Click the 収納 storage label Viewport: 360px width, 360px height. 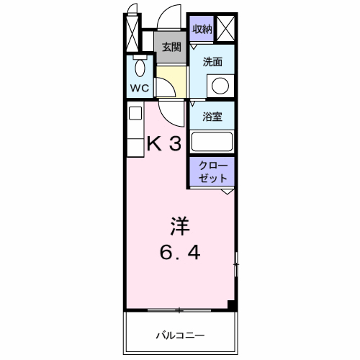click(202, 29)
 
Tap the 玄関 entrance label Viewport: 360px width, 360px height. click(171, 48)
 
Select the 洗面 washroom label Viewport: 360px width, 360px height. click(212, 62)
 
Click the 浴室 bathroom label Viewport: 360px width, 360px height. click(212, 116)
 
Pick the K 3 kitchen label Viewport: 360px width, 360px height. click(163, 143)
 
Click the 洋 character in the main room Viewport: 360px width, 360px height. click(179, 226)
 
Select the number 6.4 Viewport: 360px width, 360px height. click(180, 253)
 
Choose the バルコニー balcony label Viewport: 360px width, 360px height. click(181, 335)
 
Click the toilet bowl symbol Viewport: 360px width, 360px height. click(139, 69)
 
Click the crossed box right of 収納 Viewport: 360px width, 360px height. click(225, 29)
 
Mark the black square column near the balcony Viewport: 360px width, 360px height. click(232, 306)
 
